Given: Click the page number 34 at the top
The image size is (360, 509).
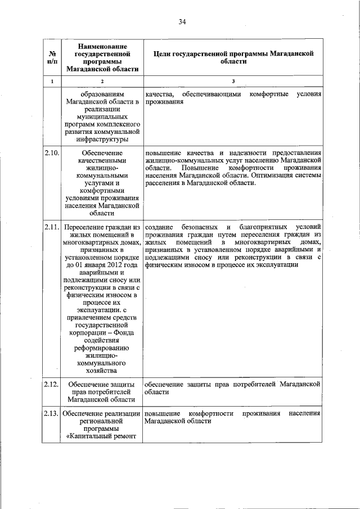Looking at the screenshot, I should click(x=182, y=22).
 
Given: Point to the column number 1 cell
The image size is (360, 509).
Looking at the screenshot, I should click(x=52, y=82).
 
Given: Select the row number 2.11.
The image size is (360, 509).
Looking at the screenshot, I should click(x=51, y=226).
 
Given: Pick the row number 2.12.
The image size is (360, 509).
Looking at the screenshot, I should click(x=51, y=384).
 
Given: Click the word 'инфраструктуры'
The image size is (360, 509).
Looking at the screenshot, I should click(x=101, y=139).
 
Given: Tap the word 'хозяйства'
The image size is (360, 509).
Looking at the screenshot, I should click(x=101, y=371).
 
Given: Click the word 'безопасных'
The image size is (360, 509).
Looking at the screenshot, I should click(x=197, y=226).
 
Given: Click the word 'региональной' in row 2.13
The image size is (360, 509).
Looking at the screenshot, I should click(x=101, y=421).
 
